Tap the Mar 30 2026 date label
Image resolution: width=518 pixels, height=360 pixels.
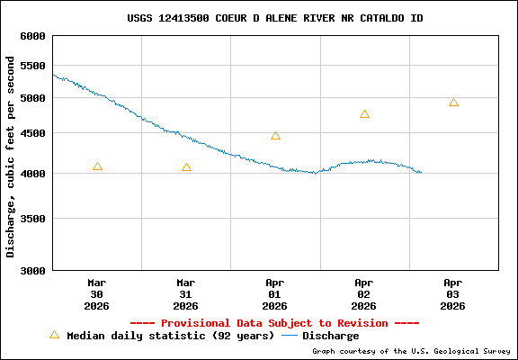[97, 293]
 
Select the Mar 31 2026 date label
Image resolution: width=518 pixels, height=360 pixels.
[186, 293]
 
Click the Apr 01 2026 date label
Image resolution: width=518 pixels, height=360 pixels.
[275, 293]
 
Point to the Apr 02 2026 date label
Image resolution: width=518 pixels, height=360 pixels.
[364, 293]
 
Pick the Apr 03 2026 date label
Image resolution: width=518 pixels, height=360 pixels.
[453, 293]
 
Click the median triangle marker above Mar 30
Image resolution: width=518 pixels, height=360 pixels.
[97, 166]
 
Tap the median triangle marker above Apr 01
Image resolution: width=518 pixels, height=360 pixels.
[275, 136]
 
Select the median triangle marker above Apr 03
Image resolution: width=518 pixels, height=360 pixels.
[453, 103]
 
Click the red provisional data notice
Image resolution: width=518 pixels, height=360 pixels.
[275, 322]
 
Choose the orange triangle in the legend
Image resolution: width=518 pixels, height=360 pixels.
[54, 335]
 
